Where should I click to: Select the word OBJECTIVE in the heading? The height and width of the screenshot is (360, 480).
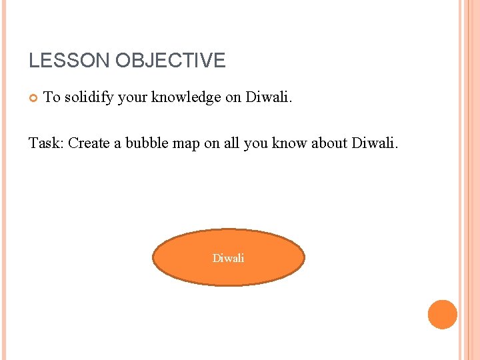[171, 61]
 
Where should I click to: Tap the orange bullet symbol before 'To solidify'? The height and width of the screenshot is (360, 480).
[33, 98]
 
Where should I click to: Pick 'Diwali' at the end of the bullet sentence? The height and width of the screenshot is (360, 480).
[269, 97]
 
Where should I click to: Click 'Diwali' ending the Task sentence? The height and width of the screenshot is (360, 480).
[374, 143]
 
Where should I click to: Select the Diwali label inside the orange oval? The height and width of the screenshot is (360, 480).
[228, 258]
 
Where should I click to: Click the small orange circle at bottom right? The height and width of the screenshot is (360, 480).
[442, 314]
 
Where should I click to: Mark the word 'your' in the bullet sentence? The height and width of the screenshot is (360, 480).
[133, 97]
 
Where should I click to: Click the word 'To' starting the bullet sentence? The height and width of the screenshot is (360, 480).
[51, 97]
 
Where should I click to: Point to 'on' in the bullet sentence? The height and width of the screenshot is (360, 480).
[233, 97]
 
